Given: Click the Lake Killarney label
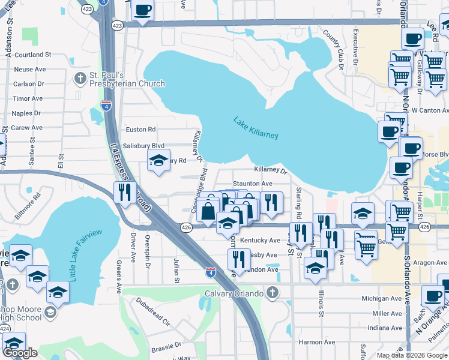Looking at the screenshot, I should point(256,128).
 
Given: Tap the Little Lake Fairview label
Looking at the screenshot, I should point(85,255).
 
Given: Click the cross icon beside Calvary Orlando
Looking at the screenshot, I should point(272,293).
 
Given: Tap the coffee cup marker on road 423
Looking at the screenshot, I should point(143,10).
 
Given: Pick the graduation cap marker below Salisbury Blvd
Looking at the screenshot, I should point(158,161).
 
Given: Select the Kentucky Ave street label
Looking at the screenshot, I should point(260,240).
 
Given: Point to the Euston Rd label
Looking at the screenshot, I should point(140,129).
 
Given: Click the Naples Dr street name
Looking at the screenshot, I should point(26,113).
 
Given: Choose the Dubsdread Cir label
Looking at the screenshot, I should point(154,311).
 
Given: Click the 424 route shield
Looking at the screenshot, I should point(4,329).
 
